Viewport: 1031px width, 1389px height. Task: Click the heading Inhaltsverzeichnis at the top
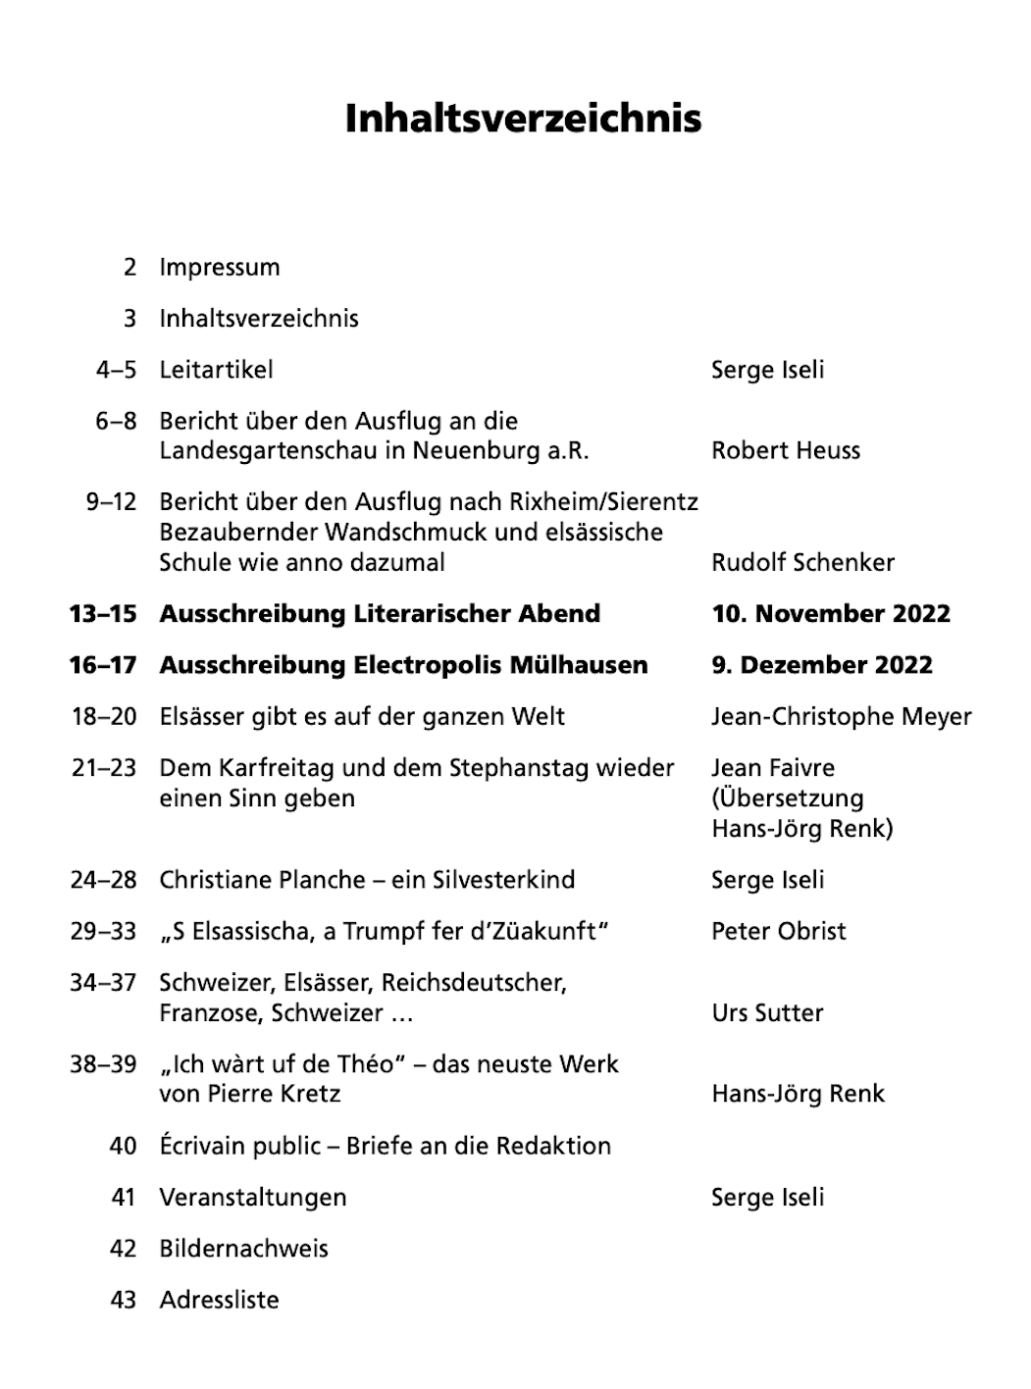pos(523,119)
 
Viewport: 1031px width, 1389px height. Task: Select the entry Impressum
pos(220,268)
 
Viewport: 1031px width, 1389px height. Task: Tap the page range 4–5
pos(116,370)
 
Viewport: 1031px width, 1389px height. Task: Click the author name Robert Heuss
pos(786,451)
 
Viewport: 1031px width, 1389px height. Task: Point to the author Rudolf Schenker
pos(802,563)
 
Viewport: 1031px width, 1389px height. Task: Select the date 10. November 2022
pos(831,614)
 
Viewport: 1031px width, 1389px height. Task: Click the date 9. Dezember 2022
pos(821,665)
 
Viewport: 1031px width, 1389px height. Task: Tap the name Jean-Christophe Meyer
pos(841,717)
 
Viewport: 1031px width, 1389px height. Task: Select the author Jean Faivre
pos(773,768)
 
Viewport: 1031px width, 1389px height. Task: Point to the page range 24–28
pos(103,880)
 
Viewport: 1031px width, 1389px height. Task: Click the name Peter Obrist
pos(778,932)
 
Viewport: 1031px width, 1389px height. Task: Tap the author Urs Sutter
pos(767,1013)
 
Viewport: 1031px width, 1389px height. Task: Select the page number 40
pos(124,1146)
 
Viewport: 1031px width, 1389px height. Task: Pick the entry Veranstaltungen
pos(253,1198)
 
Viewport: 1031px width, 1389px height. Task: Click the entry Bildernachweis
pos(243,1249)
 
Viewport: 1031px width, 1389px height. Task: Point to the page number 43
pos(124,1301)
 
